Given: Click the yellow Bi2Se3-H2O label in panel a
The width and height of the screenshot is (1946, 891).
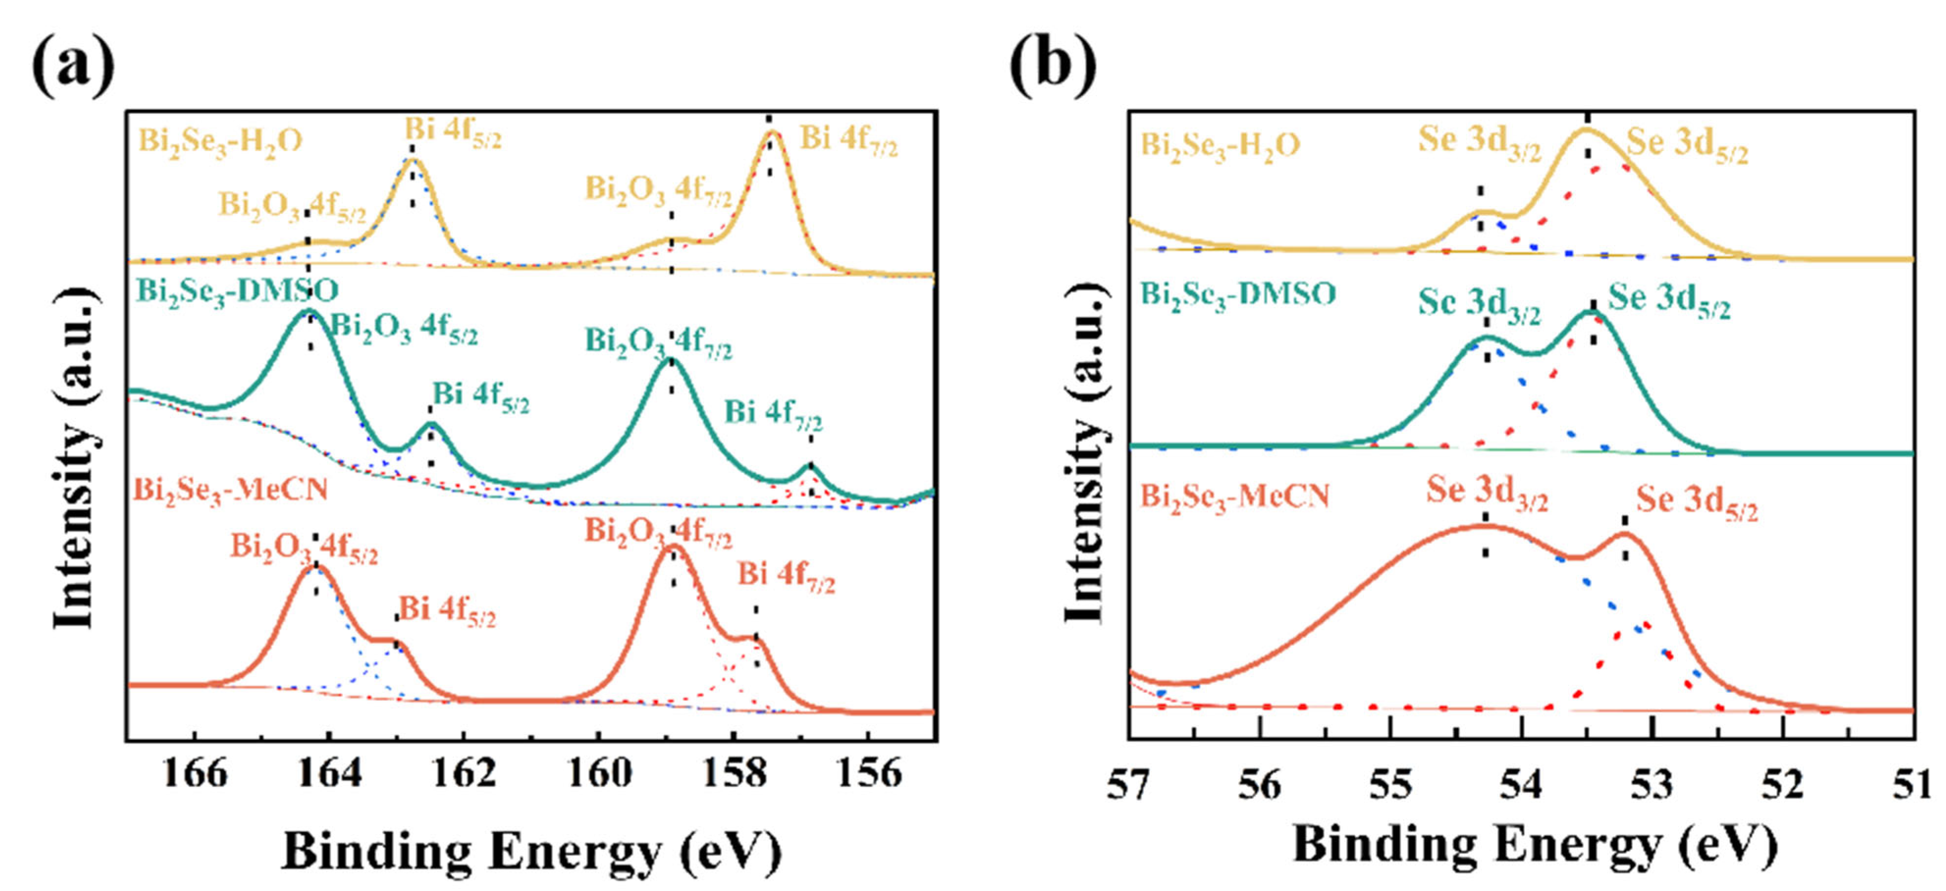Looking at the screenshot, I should pyautogui.click(x=220, y=142).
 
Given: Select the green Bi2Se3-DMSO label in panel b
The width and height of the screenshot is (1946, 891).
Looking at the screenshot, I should pyautogui.click(x=1237, y=295).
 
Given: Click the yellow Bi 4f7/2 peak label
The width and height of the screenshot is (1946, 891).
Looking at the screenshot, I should pyautogui.click(x=849, y=141).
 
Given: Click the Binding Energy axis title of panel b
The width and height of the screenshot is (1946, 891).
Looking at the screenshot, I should pyautogui.click(x=1534, y=845).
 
